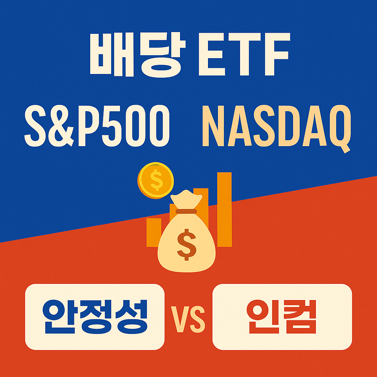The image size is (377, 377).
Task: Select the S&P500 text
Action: click(97, 125)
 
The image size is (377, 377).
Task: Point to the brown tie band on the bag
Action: click(186, 211)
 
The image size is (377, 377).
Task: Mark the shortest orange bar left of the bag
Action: click(154, 232)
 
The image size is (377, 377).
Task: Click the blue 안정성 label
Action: click(95, 316)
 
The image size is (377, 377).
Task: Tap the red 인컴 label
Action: click(282, 316)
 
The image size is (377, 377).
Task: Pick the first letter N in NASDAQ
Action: click(215, 125)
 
